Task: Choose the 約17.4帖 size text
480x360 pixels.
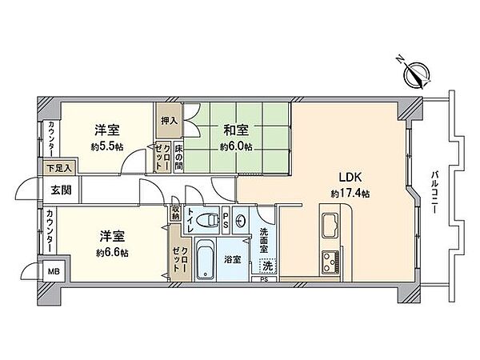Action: [350, 194]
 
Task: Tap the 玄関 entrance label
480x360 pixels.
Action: [62, 190]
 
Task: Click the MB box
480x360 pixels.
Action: [54, 271]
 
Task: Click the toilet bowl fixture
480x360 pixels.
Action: [209, 220]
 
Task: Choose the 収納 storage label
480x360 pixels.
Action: [175, 214]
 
